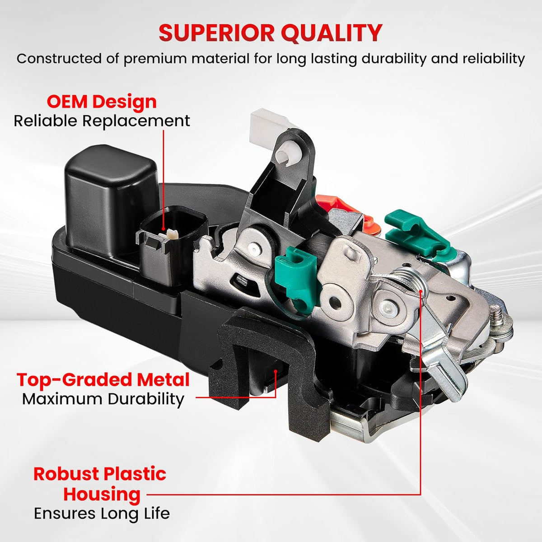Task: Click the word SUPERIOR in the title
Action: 215,33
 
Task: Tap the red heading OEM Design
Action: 102,102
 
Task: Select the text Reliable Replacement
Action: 102,121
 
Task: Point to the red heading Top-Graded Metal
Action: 103,380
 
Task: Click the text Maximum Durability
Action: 103,399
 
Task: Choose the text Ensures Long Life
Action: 102,514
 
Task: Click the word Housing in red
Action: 102,494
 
